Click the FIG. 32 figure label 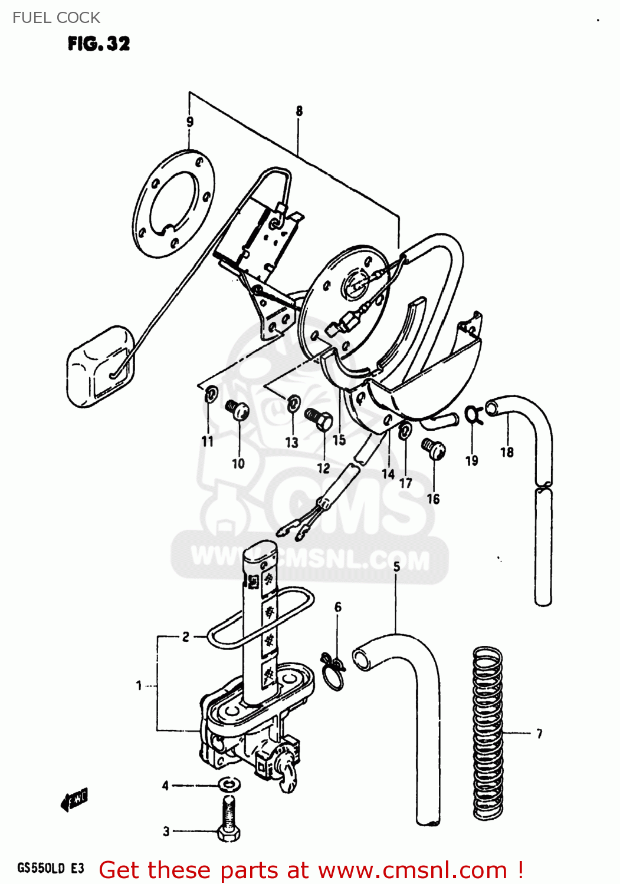[x=99, y=44]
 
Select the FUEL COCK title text [x=56, y=18]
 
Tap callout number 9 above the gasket [x=189, y=122]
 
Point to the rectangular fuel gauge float [x=100, y=366]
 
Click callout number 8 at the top [x=299, y=111]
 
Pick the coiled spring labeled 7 [x=488, y=733]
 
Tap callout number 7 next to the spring [x=539, y=734]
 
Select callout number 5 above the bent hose [x=396, y=566]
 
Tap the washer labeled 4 [x=228, y=784]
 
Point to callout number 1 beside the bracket [x=139, y=685]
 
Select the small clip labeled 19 [x=473, y=414]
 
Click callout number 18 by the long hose [x=507, y=452]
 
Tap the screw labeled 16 [x=433, y=450]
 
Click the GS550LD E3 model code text [x=50, y=868]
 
